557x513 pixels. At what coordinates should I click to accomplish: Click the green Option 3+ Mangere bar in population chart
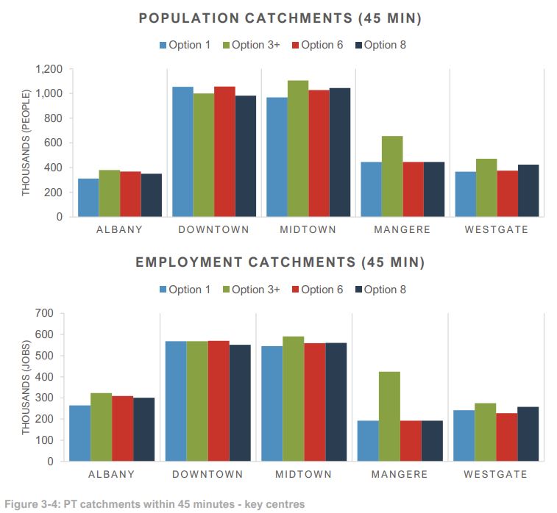coord(392,176)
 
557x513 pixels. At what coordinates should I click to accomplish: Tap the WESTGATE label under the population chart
coord(497,229)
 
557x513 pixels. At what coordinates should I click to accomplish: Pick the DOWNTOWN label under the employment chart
coord(207,474)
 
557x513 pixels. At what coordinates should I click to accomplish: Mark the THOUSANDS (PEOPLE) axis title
coord(26,143)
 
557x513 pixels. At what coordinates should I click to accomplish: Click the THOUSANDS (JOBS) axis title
coord(26,387)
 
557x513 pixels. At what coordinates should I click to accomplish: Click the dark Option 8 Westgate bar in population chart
coord(528,190)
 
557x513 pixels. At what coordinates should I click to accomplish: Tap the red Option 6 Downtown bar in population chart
coord(224,151)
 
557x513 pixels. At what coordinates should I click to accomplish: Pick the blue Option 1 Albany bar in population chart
coord(88,197)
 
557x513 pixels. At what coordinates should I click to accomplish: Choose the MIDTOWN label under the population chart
coord(308,229)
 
